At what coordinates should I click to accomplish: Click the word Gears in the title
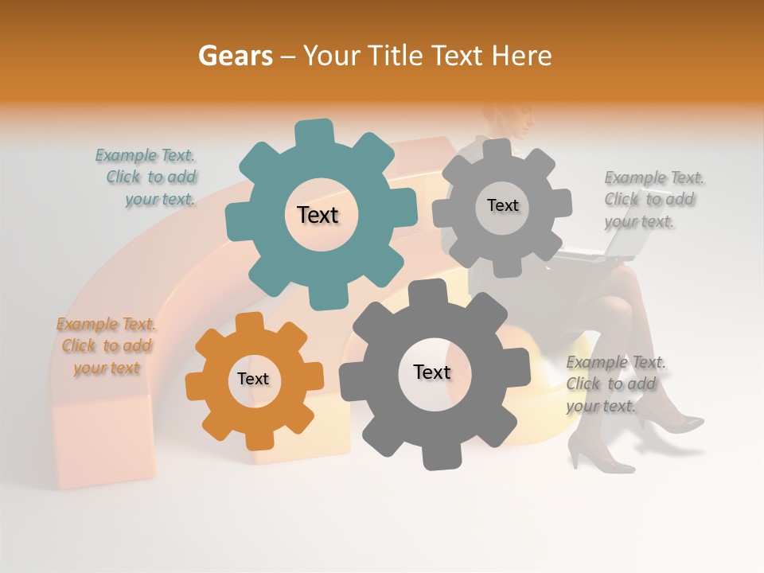click(x=236, y=56)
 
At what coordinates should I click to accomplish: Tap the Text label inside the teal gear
click(x=318, y=215)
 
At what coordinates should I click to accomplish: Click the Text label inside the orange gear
click(x=253, y=379)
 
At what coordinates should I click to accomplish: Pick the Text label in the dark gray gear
click(x=432, y=372)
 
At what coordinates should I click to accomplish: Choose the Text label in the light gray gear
click(x=502, y=205)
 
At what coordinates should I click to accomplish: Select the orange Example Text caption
click(x=107, y=346)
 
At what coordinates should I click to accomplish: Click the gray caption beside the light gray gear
click(x=653, y=199)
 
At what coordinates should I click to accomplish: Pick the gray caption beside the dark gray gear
click(x=614, y=384)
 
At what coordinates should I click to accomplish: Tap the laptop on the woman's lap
click(x=597, y=253)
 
